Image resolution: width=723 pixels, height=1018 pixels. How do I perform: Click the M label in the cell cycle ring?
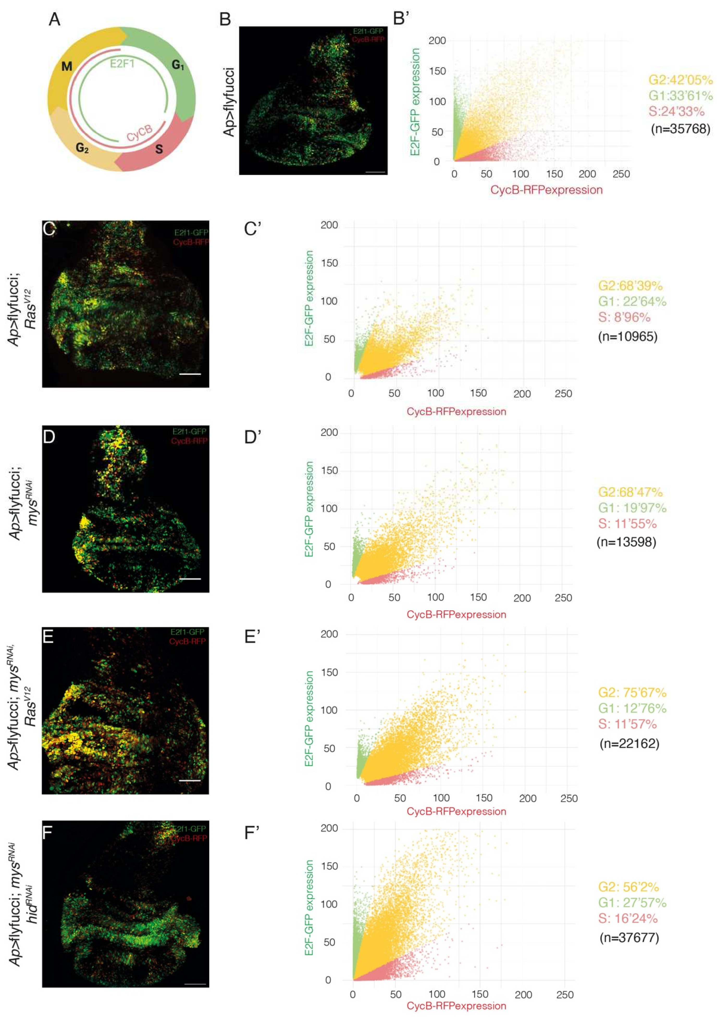pyautogui.click(x=67, y=67)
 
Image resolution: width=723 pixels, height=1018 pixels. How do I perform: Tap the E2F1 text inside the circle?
pyautogui.click(x=122, y=64)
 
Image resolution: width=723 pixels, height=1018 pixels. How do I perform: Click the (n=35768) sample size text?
pyautogui.click(x=680, y=129)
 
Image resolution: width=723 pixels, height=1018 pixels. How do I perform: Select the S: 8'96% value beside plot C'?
pyautogui.click(x=624, y=317)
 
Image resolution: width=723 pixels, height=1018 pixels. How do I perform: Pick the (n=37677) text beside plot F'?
pyautogui.click(x=629, y=938)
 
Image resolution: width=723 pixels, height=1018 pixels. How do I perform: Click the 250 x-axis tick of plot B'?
pyautogui.click(x=621, y=174)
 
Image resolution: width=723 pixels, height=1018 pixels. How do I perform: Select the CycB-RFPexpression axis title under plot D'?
pyautogui.click(x=456, y=614)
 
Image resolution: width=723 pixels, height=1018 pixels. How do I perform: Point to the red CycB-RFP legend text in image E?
pyautogui.click(x=187, y=641)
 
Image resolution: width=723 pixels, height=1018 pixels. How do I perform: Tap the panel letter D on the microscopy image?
pyautogui.click(x=49, y=436)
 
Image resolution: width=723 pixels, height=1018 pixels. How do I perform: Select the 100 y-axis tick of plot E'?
pyautogui.click(x=329, y=710)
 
